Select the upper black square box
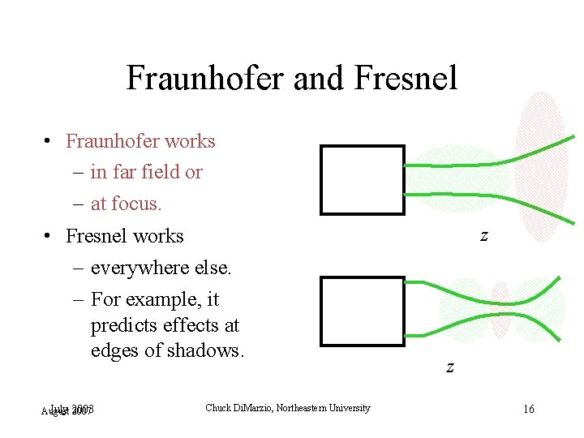(362, 179)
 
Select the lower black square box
(362, 311)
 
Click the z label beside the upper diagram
(483, 235)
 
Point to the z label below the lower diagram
(449, 367)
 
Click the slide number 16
(528, 409)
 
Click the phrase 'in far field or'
(146, 172)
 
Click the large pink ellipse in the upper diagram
(540, 166)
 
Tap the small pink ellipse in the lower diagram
(500, 309)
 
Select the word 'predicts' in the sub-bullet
(122, 325)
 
